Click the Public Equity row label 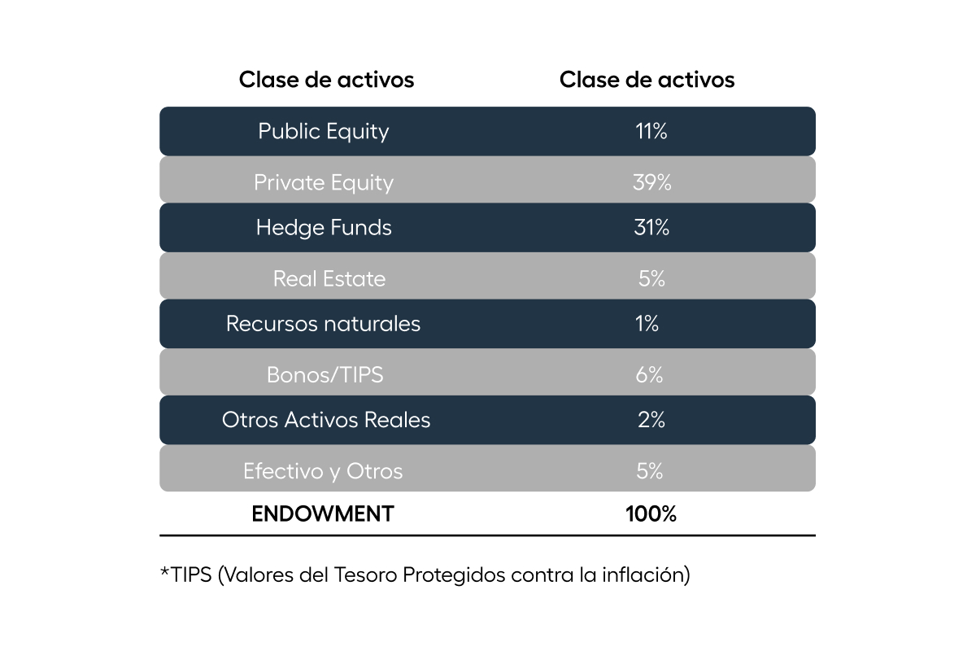coord(324,132)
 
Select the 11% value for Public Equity coord(651,131)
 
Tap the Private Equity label coord(324,183)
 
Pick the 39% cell coord(651,182)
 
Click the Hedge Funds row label coord(324,228)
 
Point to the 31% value coord(651,227)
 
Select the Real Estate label coord(329,278)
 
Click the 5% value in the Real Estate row coord(651,278)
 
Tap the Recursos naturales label coord(324,324)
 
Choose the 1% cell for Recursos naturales coord(647,324)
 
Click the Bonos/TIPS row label coord(325,374)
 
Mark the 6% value coord(649,374)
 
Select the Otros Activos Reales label coord(326,420)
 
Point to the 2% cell coord(651,420)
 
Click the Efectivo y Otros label coord(323,472)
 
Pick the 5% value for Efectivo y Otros coord(650,471)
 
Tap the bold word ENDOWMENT coord(323,513)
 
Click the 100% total coord(651,513)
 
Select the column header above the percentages coord(647,80)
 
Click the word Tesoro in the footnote coord(365,575)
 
